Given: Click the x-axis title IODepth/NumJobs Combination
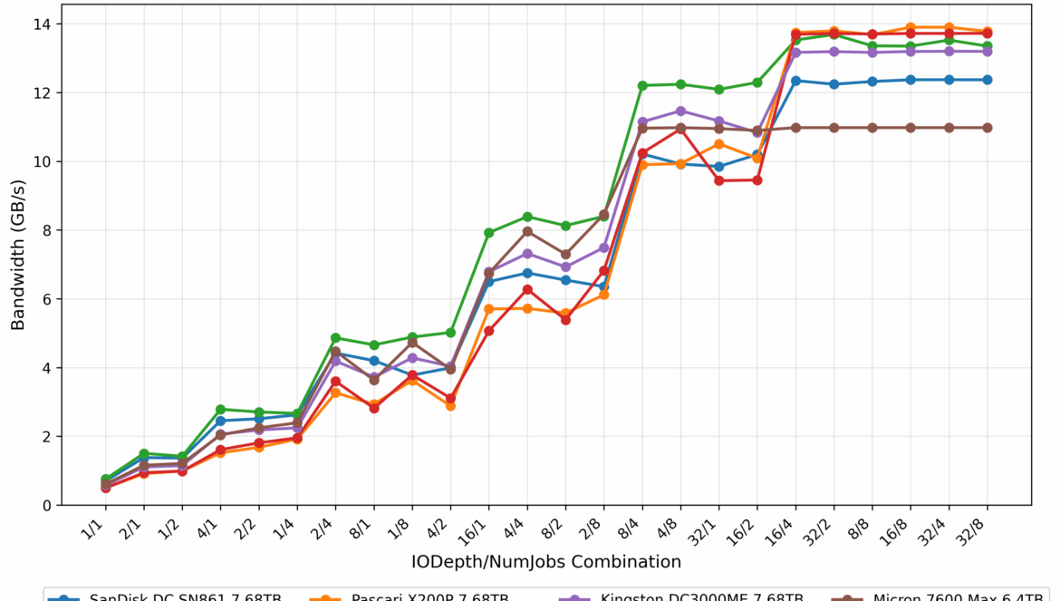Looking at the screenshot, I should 546,562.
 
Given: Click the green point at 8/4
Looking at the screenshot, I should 642,85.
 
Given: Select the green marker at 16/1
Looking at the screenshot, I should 489,233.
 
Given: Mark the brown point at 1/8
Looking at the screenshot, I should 412,343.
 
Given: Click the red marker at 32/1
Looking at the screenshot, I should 719,180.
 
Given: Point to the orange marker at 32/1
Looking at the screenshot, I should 719,144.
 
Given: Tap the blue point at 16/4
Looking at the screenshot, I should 796,81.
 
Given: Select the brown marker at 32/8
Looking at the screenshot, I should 988,128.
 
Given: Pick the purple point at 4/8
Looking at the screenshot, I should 681,111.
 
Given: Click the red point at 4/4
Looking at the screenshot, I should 527,289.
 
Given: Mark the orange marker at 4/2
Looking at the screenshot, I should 450,405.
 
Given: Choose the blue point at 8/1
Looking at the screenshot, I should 374,361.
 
